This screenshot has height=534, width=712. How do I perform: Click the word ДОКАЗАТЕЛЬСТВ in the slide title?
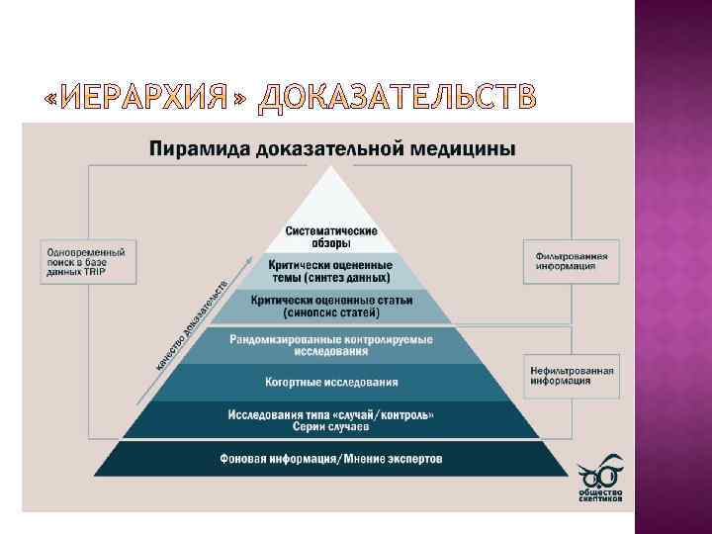[398, 97]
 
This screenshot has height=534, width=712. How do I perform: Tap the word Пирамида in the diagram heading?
[195, 149]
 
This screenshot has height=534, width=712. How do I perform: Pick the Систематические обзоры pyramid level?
[331, 237]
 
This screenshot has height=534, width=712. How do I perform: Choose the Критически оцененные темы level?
[331, 271]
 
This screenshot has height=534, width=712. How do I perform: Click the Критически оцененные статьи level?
[331, 306]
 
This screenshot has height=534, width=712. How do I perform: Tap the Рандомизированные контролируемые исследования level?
[331, 345]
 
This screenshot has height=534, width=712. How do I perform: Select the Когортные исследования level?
[331, 382]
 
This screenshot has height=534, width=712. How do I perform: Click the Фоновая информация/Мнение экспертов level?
[331, 459]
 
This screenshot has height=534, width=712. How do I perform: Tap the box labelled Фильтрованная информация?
[572, 261]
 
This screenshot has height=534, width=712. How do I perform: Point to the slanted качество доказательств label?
[193, 326]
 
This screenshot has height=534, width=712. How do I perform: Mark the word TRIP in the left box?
[94, 272]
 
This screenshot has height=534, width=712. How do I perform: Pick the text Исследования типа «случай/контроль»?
[331, 413]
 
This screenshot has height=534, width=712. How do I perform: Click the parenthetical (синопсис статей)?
[331, 312]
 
